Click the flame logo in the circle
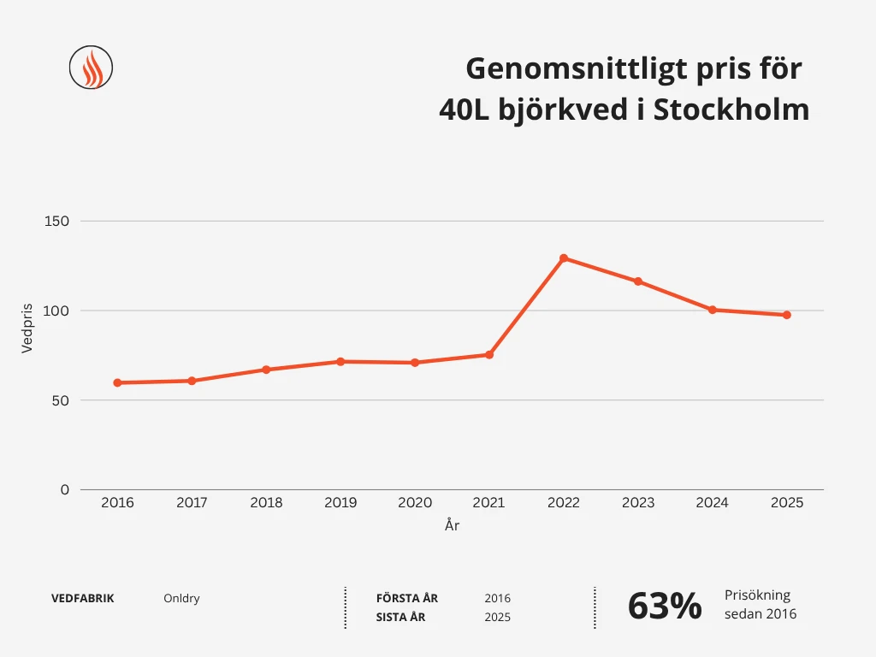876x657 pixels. pos(91,68)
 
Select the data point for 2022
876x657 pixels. pos(564,258)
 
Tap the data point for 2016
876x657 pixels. pos(117,382)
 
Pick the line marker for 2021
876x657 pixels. pos(489,354)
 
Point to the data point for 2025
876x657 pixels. pos(787,315)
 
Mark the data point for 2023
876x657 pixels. pos(638,281)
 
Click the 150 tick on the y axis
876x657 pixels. pos(56,222)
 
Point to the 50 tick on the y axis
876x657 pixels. pos(60,400)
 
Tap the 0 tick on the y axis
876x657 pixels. pos(64,489)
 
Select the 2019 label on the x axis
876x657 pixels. pos(340,503)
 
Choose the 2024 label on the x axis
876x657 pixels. pos(712,503)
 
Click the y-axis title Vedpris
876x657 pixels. pos(27,328)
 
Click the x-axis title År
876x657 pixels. pos(452,526)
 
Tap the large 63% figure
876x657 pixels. pos(665,607)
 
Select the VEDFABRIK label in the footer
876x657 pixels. pos(83,599)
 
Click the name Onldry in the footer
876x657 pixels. pos(181,599)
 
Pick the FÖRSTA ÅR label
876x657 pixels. pos(407,599)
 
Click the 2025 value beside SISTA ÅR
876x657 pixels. pos(497,618)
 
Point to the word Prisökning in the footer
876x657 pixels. pos(757,595)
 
